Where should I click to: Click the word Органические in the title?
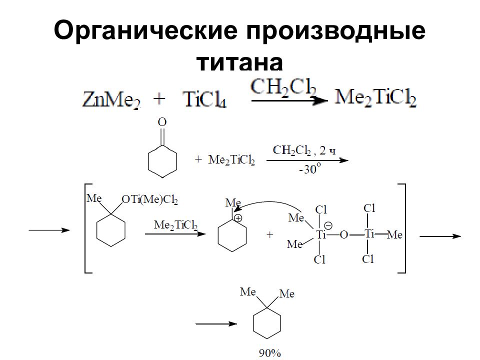[x=145, y=31]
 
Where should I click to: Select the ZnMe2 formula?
[x=111, y=99]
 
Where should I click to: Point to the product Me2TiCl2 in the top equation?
[x=376, y=97]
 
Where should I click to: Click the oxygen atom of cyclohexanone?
[x=162, y=122]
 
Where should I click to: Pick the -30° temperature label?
[x=310, y=168]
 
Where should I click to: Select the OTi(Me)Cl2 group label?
[x=149, y=199]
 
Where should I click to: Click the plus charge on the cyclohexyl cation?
[x=238, y=218]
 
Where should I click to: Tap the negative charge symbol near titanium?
[x=328, y=226]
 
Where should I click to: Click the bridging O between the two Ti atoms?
[x=344, y=235]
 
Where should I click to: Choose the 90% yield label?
[x=269, y=353]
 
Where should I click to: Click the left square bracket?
[x=85, y=228]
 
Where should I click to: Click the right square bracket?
[x=404, y=228]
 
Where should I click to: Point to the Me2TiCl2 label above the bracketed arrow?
[x=175, y=225]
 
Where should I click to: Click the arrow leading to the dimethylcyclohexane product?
[x=216, y=324]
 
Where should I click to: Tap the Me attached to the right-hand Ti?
[x=394, y=235]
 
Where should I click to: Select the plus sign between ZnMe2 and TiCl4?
[x=159, y=99]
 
